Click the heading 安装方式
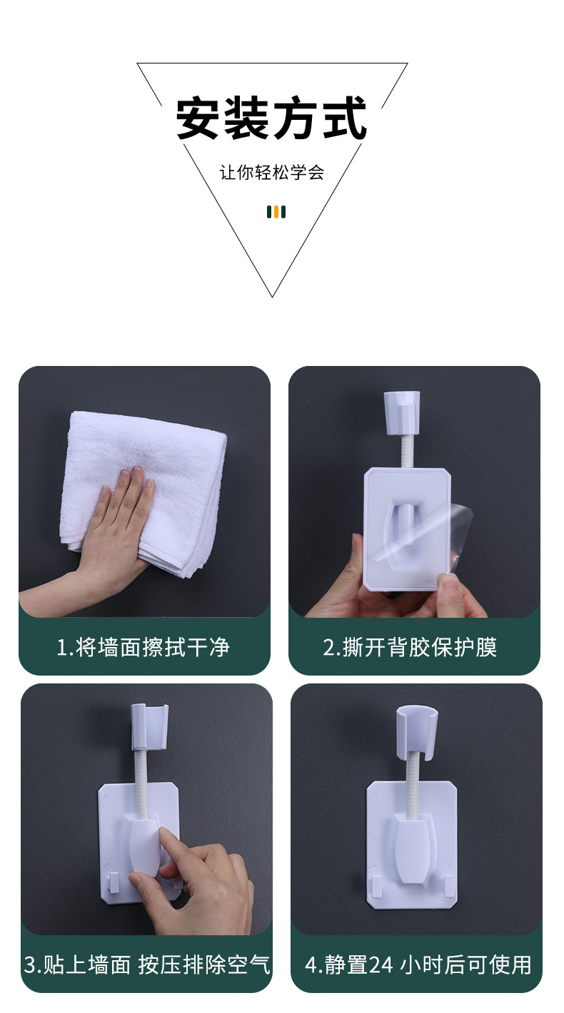[x=271, y=118]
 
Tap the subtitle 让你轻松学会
[x=271, y=173]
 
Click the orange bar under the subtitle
[x=276, y=211]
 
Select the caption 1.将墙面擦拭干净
[x=143, y=647]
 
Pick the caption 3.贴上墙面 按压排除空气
[x=147, y=965]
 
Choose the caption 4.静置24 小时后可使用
[x=418, y=965]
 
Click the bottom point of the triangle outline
[x=272, y=295]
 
